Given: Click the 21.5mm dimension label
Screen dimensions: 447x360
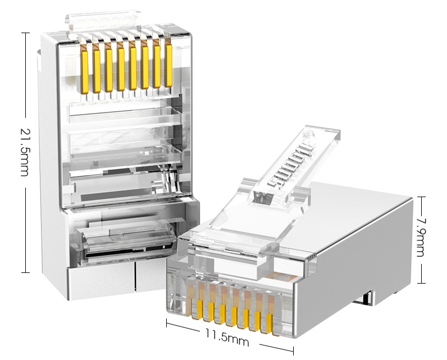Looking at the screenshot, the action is tap(25, 152).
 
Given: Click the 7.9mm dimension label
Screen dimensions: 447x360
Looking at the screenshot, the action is tap(421, 238).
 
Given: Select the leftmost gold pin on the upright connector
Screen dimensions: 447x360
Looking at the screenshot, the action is tap(84, 72).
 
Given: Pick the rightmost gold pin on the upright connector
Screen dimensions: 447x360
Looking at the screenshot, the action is tap(169, 66).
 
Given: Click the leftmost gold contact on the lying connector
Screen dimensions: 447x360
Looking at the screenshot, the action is tap(199, 309).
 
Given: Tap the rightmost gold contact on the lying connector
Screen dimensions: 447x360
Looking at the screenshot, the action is tap(269, 323).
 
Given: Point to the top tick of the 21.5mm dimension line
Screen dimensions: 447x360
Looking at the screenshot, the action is tap(25, 33).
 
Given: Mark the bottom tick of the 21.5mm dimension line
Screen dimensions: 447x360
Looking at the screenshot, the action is tap(25, 272).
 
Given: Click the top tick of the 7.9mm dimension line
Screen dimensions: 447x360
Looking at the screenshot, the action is tap(421, 197).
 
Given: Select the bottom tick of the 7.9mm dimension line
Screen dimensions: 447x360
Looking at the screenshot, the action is tap(421, 283).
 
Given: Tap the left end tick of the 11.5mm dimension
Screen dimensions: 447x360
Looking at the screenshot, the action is tap(167, 323).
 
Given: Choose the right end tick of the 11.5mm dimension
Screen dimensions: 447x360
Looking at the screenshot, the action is tap(293, 350).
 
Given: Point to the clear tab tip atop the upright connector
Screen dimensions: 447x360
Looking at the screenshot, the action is tap(103, 20).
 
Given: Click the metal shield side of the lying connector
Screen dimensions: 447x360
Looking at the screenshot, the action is tap(353, 274).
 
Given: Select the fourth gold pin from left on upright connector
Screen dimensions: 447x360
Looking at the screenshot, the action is tap(121, 70).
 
